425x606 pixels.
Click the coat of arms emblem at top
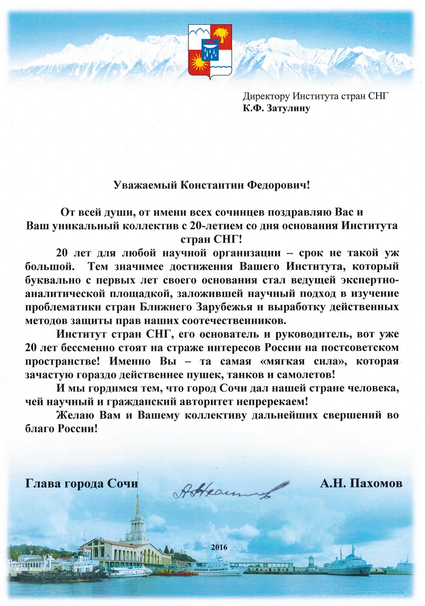(210, 51)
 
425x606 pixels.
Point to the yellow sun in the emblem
(198, 64)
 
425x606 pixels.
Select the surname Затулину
(288, 108)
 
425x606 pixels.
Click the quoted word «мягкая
(289, 361)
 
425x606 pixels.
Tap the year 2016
(219, 547)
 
